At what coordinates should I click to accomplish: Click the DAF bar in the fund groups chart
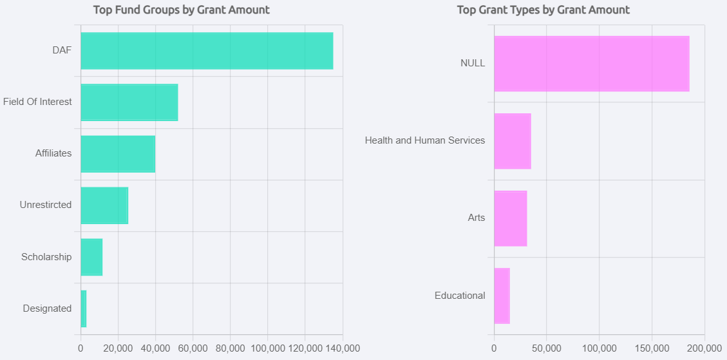[x=207, y=51]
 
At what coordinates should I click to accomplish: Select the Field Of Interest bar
[x=129, y=102]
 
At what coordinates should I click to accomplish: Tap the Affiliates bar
[x=118, y=154]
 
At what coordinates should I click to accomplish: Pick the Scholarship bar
[x=91, y=257]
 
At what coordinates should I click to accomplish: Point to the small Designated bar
[x=84, y=308]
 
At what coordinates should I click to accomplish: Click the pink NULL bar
[x=591, y=64]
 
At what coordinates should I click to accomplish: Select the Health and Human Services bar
[x=513, y=141]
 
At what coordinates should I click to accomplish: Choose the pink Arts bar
[x=511, y=218]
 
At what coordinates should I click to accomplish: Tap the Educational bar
[x=502, y=296]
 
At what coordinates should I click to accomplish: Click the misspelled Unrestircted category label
[x=46, y=205]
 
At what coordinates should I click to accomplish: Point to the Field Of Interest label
[x=37, y=102]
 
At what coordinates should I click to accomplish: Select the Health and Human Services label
[x=425, y=140]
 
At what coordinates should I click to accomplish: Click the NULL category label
[x=473, y=63]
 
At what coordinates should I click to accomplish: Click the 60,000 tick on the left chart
[x=193, y=348]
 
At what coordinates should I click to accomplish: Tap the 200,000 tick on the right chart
[x=704, y=348]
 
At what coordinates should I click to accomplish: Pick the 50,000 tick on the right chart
[x=546, y=348]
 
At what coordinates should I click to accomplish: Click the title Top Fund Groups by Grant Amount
[x=182, y=10]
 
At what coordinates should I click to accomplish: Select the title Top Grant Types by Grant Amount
[x=543, y=10]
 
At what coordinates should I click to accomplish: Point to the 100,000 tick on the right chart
[x=599, y=348]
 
